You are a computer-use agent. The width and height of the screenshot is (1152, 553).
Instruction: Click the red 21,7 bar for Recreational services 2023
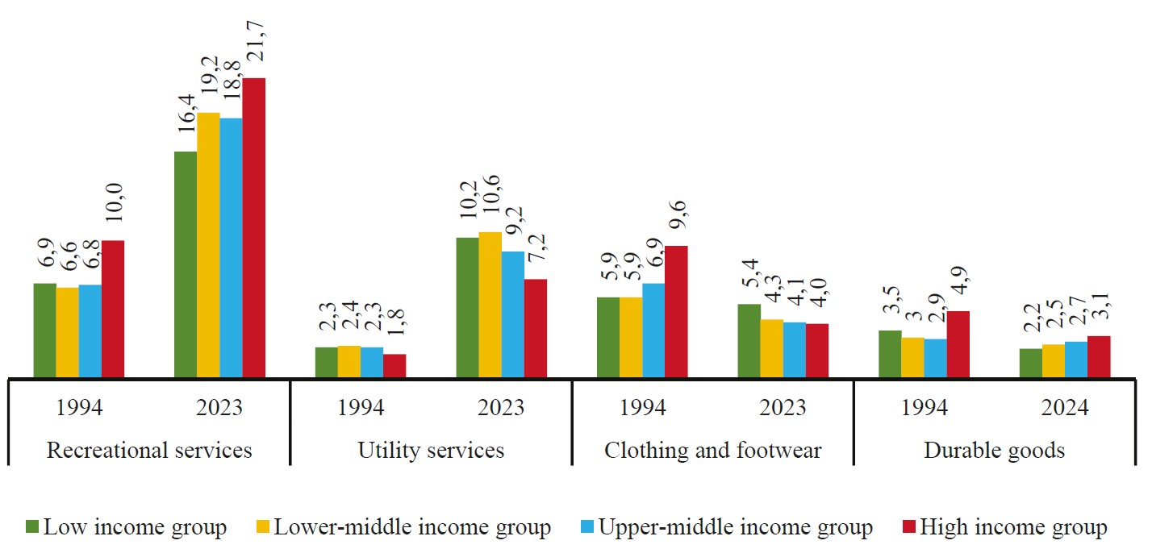[253, 227]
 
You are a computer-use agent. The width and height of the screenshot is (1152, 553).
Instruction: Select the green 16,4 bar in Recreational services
[186, 264]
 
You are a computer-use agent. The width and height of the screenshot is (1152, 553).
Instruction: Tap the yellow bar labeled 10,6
[490, 304]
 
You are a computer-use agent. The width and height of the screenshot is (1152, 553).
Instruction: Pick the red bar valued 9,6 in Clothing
[676, 311]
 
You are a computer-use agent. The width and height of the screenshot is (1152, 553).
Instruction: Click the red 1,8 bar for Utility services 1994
[394, 365]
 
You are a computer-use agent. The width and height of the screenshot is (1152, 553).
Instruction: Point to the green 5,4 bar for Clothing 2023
[749, 340]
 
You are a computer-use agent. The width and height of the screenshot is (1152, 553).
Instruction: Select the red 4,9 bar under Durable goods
[958, 343]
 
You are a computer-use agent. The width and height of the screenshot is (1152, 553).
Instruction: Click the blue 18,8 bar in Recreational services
[231, 247]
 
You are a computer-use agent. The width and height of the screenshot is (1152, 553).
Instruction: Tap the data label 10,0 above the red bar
[114, 211]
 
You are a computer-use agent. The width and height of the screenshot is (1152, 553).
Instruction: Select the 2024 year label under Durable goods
[1065, 407]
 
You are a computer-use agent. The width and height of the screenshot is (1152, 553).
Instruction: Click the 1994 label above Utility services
[361, 407]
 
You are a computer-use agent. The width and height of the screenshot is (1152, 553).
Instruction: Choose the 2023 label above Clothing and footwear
[783, 407]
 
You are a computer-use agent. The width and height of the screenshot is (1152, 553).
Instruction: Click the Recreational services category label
[149, 449]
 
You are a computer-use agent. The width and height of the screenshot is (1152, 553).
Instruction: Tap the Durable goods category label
[994, 449]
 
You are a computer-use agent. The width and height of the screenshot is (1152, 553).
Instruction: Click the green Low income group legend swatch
[33, 528]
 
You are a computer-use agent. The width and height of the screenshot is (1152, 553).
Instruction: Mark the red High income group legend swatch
[909, 528]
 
